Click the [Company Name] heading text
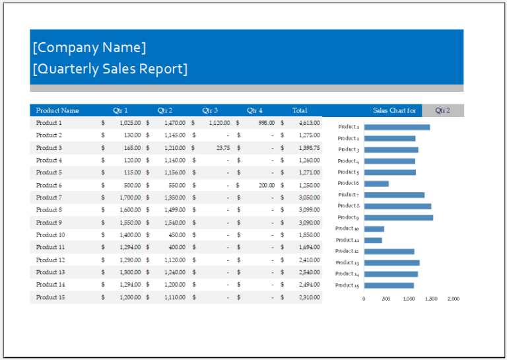(89, 48)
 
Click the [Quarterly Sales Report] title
(110, 69)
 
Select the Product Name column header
(57, 110)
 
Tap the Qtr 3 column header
(210, 110)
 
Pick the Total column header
(300, 110)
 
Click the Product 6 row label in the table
(49, 185)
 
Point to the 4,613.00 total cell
(309, 123)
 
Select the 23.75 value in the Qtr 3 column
(222, 148)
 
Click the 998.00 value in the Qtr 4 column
(267, 123)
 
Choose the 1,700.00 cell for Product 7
(130, 198)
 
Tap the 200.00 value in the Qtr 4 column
(267, 185)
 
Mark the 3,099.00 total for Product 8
(309, 210)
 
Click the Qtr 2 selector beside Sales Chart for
(442, 110)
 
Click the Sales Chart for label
(394, 110)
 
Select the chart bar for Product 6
(376, 184)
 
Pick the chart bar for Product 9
(398, 217)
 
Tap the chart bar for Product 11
(373, 240)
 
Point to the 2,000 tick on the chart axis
(453, 299)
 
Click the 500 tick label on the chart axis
(386, 299)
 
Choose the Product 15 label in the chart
(347, 285)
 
